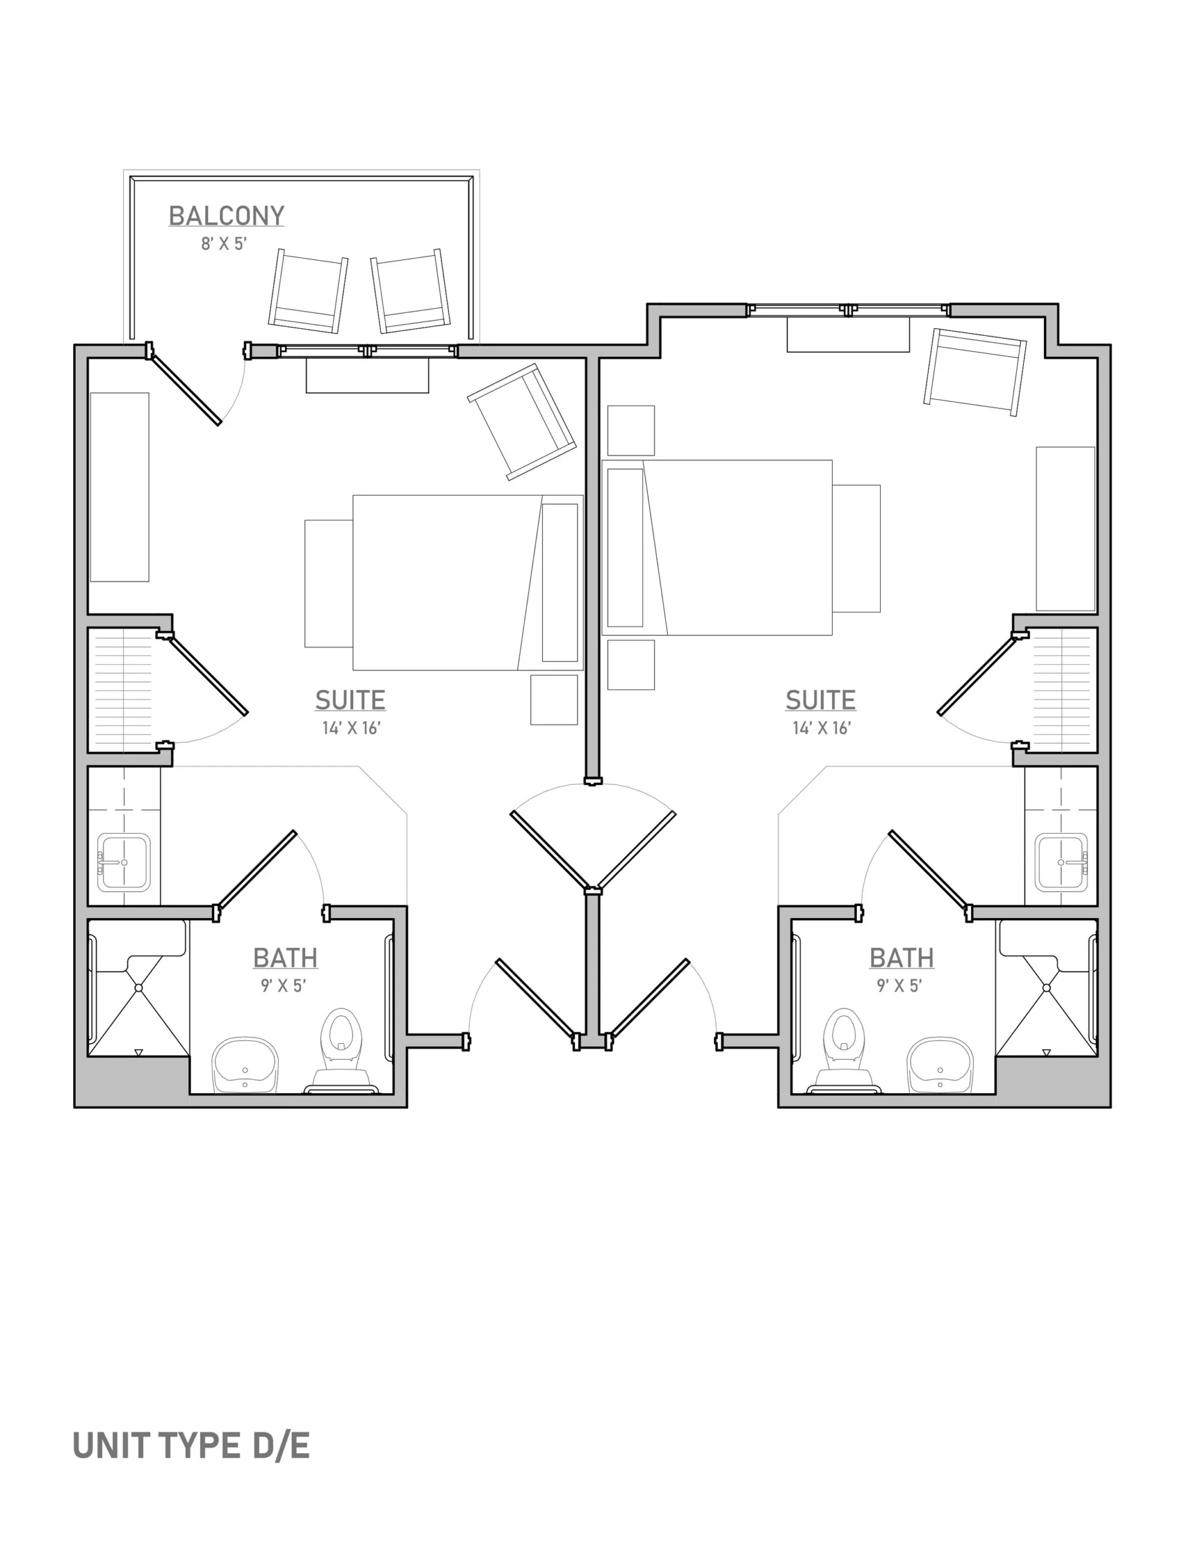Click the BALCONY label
226,216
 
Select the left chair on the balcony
308,291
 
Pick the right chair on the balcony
410,291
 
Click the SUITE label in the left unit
350,700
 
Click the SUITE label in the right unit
821,700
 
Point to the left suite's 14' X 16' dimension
351,728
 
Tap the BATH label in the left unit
285,958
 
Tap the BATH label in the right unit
901,958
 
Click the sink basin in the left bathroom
245,1065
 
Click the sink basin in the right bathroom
940,1065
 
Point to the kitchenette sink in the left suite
123,862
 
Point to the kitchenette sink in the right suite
1062,862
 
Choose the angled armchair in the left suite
521,422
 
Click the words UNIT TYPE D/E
191,1446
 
